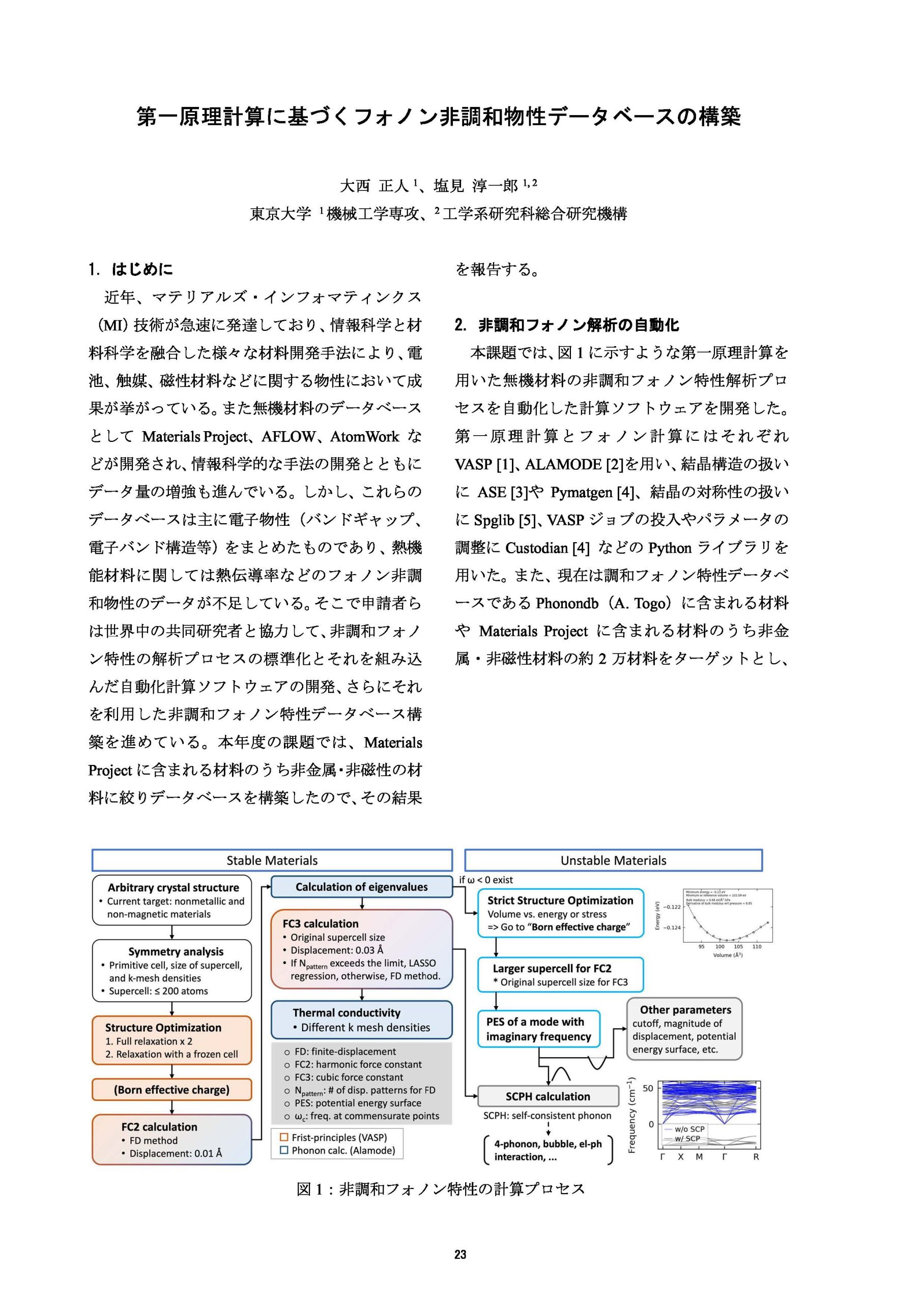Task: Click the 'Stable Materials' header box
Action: (272, 860)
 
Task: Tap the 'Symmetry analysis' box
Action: (171, 970)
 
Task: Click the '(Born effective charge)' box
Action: (171, 1090)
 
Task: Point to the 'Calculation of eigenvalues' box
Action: (361, 887)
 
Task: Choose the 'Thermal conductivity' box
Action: (361, 1020)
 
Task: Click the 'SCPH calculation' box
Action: (548, 1096)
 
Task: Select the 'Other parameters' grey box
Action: (684, 1028)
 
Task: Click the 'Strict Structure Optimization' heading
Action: (560, 900)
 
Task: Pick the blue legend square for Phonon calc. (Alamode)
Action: (284, 1150)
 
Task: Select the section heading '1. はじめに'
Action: (131, 269)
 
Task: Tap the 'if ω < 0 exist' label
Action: (486, 880)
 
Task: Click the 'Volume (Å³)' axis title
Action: (728, 955)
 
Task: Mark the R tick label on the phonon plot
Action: (756, 1156)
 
